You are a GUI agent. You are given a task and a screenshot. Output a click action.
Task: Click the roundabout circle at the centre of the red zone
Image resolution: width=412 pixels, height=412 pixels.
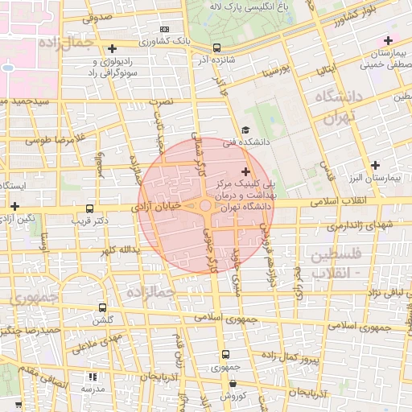[x=206, y=207]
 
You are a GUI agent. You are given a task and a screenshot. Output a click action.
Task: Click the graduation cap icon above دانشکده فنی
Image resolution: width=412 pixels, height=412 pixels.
[x=245, y=130]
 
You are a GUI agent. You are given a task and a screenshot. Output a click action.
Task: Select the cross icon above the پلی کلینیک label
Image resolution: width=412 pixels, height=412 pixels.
[x=245, y=171]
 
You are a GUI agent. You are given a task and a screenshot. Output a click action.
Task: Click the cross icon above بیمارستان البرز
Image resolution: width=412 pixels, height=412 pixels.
[x=374, y=165]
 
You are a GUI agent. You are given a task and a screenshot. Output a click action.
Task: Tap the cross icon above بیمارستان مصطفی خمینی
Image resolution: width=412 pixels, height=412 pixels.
[x=388, y=40]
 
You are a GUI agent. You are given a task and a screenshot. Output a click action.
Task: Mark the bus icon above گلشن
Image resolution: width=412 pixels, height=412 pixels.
[x=101, y=307]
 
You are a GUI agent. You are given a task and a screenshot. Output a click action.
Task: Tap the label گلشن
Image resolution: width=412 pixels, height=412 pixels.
[x=102, y=319]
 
